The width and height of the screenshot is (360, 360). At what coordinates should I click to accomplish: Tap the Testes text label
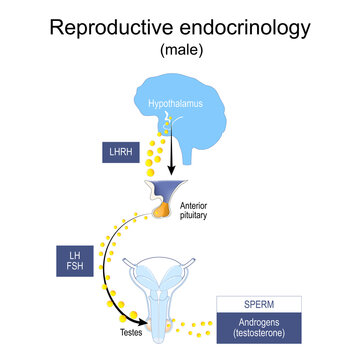122,329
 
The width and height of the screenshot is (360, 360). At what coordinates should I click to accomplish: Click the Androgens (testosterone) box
265,328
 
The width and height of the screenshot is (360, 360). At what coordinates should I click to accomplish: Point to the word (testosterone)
265,334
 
